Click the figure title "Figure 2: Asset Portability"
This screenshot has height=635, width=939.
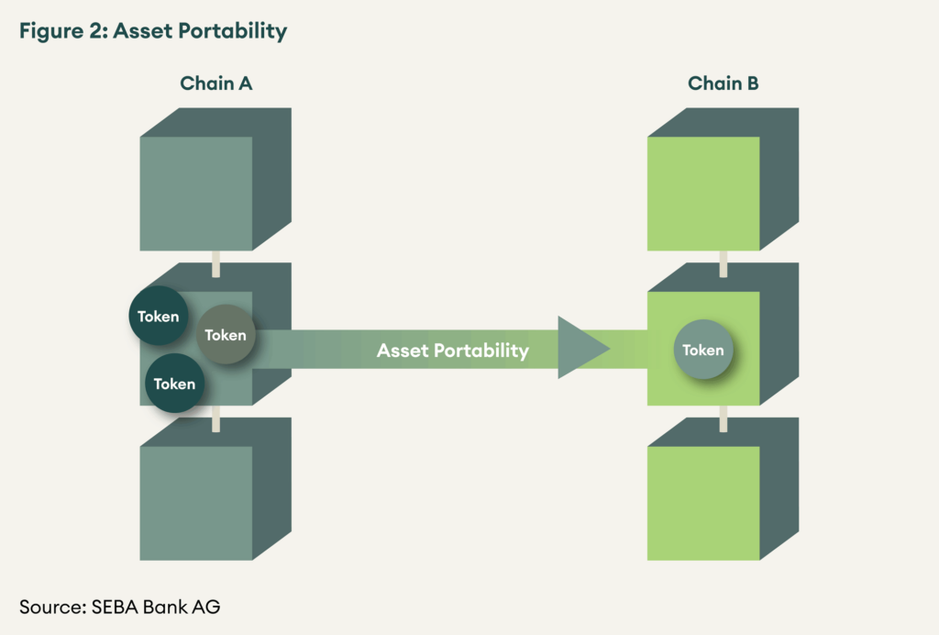pyautogui.click(x=152, y=31)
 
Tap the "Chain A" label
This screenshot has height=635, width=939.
pyautogui.click(x=215, y=84)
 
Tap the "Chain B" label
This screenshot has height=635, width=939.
pyautogui.click(x=724, y=84)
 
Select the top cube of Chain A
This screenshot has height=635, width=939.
pyautogui.click(x=196, y=193)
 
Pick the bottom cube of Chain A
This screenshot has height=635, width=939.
pyautogui.click(x=196, y=502)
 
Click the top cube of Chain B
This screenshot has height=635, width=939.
pyautogui.click(x=703, y=193)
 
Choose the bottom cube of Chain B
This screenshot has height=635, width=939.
pyautogui.click(x=703, y=502)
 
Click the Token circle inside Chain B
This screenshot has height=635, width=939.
pyautogui.click(x=703, y=350)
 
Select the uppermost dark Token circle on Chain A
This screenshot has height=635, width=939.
pyautogui.click(x=159, y=317)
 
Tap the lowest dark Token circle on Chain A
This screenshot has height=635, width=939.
pyautogui.click(x=174, y=384)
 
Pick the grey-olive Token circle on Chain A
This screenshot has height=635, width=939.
pyautogui.click(x=226, y=335)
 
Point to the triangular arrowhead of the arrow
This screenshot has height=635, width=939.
pyautogui.click(x=580, y=348)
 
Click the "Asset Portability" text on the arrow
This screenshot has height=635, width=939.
pyautogui.click(x=453, y=350)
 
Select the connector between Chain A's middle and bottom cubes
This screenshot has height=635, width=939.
pyautogui.click(x=215, y=418)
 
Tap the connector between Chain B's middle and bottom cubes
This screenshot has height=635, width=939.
pyautogui.click(x=724, y=418)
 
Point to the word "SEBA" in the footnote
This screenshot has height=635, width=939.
pyautogui.click(x=115, y=607)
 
